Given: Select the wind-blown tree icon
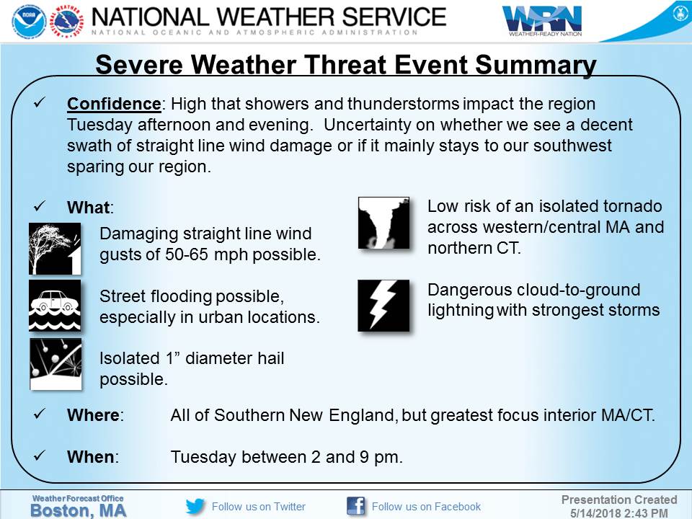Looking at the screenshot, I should pyautogui.click(x=55, y=249).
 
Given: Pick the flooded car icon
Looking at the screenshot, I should pyautogui.click(x=55, y=305).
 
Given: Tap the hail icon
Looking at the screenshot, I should pyautogui.click(x=55, y=364).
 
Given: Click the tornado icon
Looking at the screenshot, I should pyautogui.click(x=383, y=223).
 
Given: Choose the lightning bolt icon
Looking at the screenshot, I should pyautogui.click(x=383, y=305).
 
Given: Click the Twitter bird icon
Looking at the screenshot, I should pyautogui.click(x=195, y=506).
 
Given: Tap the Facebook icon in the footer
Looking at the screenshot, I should pyautogui.click(x=355, y=506).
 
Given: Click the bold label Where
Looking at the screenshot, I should pyautogui.click(x=92, y=416).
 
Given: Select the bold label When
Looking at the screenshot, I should pyautogui.click(x=90, y=457).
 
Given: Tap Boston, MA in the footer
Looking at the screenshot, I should pyautogui.click(x=76, y=510).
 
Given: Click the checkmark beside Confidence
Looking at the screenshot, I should pyautogui.click(x=40, y=104).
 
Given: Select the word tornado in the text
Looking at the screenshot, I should pyautogui.click(x=625, y=207).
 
